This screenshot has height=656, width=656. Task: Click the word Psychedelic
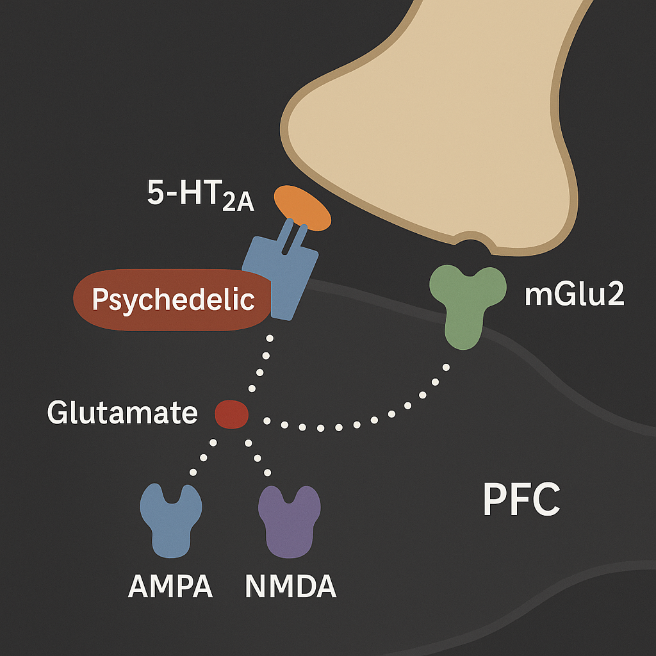(x=173, y=300)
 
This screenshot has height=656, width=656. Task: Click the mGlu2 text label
(x=574, y=295)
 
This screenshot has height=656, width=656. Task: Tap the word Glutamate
(x=122, y=413)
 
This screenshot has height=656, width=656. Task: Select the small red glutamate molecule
(x=231, y=413)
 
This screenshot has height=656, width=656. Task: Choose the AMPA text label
(x=170, y=586)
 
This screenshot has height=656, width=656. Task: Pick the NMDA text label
(x=290, y=586)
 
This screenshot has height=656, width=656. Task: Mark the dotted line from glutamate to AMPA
(x=204, y=457)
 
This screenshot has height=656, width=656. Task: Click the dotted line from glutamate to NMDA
(x=258, y=457)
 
